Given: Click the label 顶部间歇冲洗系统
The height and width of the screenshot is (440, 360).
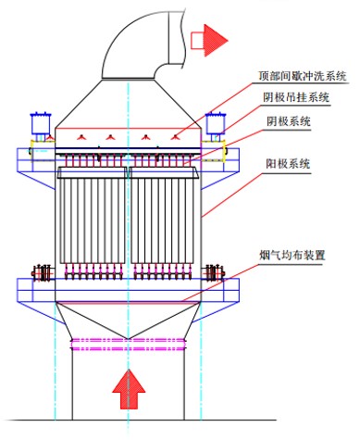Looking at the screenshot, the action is pyautogui.click(x=303, y=76).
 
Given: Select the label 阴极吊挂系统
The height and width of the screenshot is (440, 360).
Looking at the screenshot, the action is pyautogui.click(x=296, y=97).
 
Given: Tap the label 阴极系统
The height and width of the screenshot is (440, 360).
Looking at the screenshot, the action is pyautogui.click(x=289, y=121).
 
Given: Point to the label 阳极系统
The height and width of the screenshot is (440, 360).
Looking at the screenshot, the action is pyautogui.click(x=288, y=164).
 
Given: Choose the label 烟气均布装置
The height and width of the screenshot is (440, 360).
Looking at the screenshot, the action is pyautogui.click(x=292, y=256).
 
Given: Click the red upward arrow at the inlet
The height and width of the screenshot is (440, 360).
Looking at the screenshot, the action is pyautogui.click(x=129, y=389).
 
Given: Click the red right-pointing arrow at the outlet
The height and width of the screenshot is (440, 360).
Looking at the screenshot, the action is pyautogui.click(x=209, y=41).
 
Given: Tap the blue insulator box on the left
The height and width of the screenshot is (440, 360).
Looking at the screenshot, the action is pyautogui.click(x=41, y=123).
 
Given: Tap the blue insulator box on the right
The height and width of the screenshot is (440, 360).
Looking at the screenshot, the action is pyautogui.click(x=216, y=123).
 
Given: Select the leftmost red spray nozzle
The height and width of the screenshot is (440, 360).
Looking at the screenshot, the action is pyautogui.click(x=81, y=137).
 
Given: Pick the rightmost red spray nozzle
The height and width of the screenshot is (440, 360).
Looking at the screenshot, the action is pyautogui.click(x=176, y=137).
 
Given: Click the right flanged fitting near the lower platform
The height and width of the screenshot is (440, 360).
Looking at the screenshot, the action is pyautogui.click(x=215, y=272).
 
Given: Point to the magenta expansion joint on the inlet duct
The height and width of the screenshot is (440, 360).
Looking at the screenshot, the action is pyautogui.click(x=129, y=345).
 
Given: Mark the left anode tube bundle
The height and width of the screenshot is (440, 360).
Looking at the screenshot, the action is pyautogui.click(x=93, y=216).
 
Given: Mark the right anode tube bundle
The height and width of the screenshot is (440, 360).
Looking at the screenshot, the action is pyautogui.click(x=164, y=216).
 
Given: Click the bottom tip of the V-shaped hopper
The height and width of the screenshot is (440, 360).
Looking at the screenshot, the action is pyautogui.click(x=129, y=339).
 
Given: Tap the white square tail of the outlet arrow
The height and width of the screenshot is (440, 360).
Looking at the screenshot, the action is pyautogui.click(x=197, y=41).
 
